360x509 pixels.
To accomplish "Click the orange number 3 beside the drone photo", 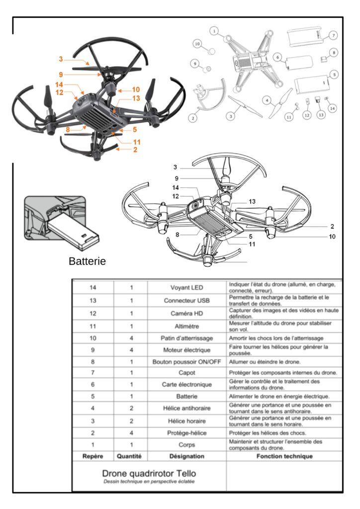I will pyautogui.click(x=61, y=60).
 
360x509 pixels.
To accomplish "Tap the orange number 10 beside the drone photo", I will pyautogui.click(x=136, y=89).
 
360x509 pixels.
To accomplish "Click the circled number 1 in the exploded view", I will pyautogui.click(x=214, y=31).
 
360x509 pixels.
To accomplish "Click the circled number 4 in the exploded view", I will pyautogui.click(x=267, y=99).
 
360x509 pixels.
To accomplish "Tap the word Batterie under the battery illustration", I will pyautogui.click(x=88, y=261).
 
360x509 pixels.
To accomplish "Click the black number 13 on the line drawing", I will pyautogui.click(x=252, y=201).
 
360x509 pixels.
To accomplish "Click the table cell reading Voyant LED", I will pyautogui.click(x=186, y=288).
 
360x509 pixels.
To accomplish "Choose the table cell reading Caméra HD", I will pyautogui.click(x=186, y=314).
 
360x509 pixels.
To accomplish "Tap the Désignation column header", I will pyautogui.click(x=186, y=456).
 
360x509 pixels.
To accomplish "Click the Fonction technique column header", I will pyautogui.click(x=284, y=456).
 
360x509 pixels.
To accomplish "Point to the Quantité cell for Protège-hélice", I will pyautogui.click(x=131, y=433).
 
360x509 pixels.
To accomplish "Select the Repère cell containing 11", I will pyautogui.click(x=92, y=326).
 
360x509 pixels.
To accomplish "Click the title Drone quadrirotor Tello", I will pyautogui.click(x=149, y=473).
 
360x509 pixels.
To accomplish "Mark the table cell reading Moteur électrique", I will pyautogui.click(x=186, y=350).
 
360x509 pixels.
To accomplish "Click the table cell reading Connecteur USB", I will pyautogui.click(x=186, y=301).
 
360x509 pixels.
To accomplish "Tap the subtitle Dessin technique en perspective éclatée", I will pyautogui.click(x=149, y=482).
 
